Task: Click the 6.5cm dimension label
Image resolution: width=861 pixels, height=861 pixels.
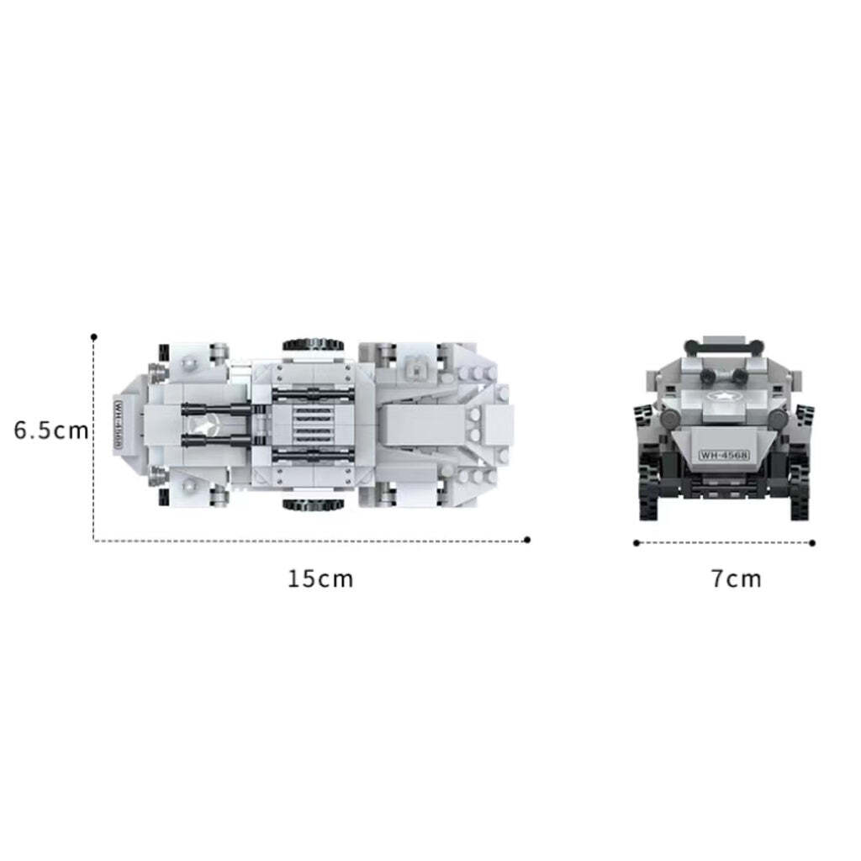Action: click(51, 430)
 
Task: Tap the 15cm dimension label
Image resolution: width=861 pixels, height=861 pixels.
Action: click(320, 578)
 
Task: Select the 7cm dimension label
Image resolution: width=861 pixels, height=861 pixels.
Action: click(737, 578)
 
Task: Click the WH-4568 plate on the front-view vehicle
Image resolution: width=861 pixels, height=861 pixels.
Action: click(724, 454)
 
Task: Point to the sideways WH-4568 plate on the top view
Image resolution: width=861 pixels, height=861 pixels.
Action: click(118, 425)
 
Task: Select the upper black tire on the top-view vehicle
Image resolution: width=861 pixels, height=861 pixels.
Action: click(314, 346)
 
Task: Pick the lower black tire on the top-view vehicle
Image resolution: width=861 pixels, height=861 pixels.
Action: click(314, 505)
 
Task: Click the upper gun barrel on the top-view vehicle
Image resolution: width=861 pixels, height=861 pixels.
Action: click(217, 409)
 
